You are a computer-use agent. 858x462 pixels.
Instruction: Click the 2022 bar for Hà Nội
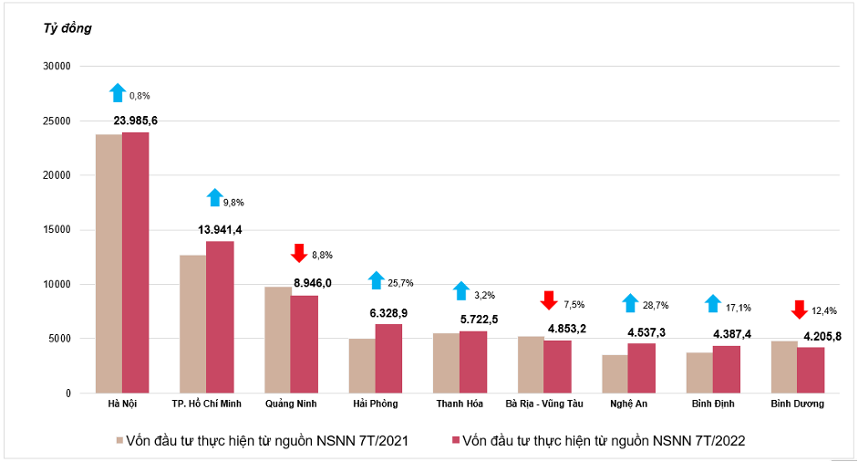click(x=135, y=263)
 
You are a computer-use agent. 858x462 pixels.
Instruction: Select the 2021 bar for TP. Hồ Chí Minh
click(x=192, y=324)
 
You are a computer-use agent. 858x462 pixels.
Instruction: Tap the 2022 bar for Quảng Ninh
click(x=304, y=344)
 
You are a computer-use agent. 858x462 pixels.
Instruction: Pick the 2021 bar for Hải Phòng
click(x=362, y=366)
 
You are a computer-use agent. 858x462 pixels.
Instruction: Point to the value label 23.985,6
click(x=135, y=121)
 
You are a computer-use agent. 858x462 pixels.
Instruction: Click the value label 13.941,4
click(x=220, y=229)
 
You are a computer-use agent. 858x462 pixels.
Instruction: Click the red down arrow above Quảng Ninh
click(x=298, y=253)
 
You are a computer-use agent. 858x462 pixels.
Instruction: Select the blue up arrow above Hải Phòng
click(x=376, y=280)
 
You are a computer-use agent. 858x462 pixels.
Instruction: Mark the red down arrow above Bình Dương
click(x=799, y=309)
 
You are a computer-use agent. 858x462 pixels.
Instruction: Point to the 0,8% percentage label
click(x=140, y=95)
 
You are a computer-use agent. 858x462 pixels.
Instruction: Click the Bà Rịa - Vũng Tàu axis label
click(x=543, y=403)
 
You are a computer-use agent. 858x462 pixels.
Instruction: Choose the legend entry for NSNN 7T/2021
click(x=261, y=441)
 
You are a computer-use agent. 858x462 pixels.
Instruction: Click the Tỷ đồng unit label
click(x=67, y=28)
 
